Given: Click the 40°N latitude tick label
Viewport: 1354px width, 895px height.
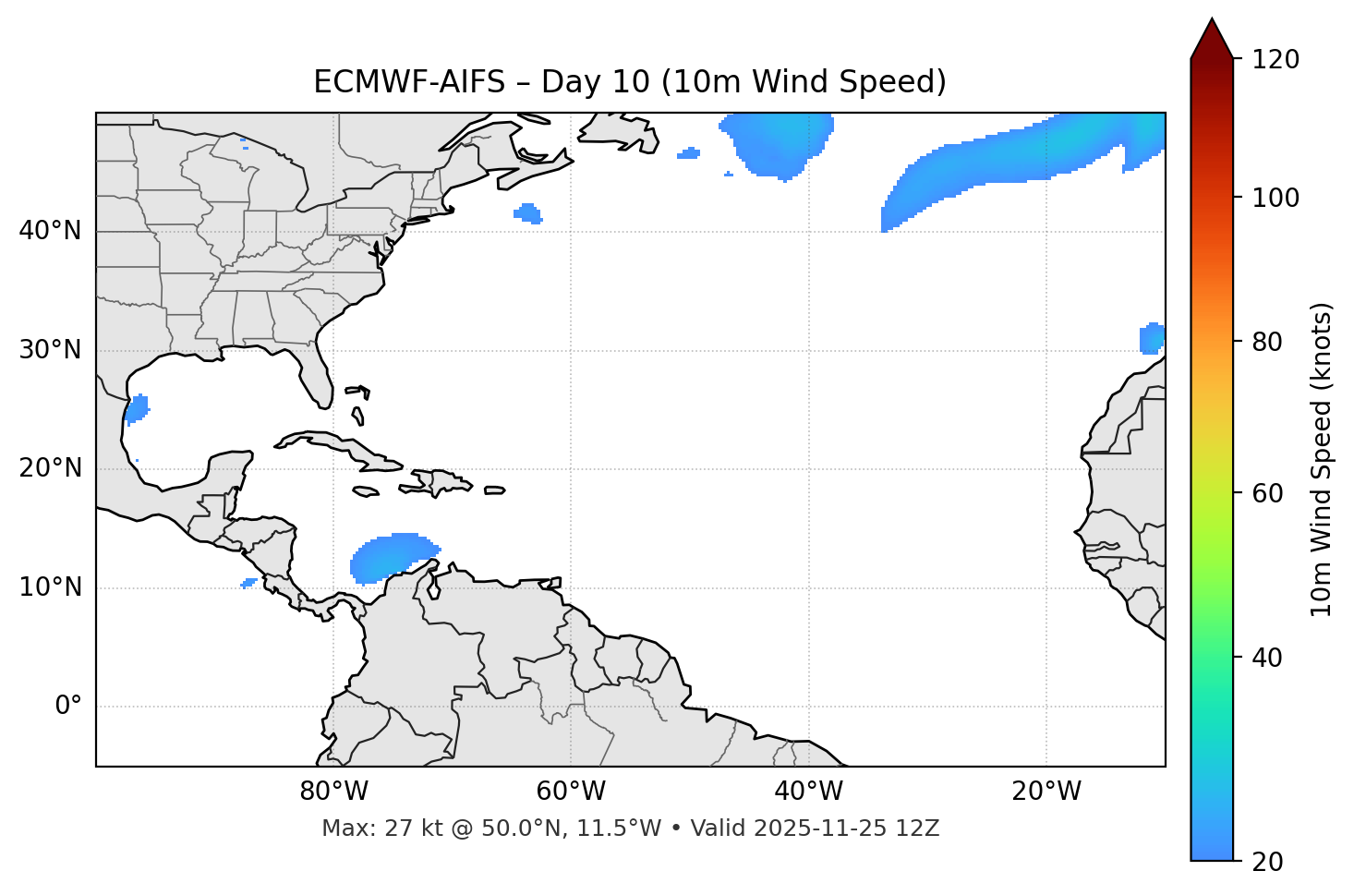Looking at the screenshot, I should coord(50,231).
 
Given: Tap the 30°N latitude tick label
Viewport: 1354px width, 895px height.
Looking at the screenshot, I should coord(50,350).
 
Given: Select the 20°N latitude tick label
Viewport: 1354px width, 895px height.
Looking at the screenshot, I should coord(50,468).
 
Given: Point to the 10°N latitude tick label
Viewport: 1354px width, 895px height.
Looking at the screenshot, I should coord(50,587).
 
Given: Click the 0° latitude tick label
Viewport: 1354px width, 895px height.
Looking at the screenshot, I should coord(68,707).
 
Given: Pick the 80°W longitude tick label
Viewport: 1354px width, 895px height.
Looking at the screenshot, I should coord(333,792).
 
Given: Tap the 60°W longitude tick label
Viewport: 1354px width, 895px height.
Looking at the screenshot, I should coord(571,792).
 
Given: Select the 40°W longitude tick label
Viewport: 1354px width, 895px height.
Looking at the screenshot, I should coord(808,792).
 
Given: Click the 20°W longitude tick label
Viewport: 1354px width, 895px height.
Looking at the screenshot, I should coord(1046,792).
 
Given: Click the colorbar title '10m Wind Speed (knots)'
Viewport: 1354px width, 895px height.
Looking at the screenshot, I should coord(1323,459).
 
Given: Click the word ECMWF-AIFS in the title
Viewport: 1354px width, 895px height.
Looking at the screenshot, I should coord(409,82).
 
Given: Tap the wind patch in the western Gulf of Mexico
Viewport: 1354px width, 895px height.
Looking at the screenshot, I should coord(137,407).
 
